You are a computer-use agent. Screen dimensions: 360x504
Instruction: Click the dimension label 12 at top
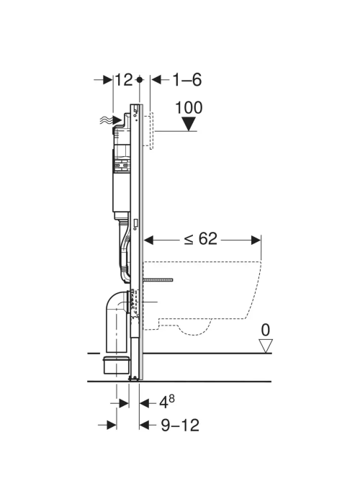click(x=124, y=80)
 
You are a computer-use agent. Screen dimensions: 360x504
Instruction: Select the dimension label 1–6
click(x=187, y=80)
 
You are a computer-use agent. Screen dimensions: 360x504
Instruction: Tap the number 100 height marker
click(x=189, y=108)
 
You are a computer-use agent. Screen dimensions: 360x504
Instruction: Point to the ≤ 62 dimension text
click(x=201, y=238)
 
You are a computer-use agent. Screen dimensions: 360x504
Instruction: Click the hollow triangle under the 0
click(x=266, y=346)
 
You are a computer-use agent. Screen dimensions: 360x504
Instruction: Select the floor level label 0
click(x=266, y=330)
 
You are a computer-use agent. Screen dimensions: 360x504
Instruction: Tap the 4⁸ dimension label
click(x=167, y=402)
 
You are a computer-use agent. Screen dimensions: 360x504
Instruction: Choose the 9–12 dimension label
click(x=180, y=426)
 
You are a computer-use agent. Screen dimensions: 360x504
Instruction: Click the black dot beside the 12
click(x=139, y=79)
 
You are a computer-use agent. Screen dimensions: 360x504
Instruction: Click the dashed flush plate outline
click(x=152, y=131)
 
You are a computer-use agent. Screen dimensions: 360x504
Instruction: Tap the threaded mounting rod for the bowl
click(x=159, y=279)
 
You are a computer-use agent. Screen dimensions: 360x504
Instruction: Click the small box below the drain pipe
click(x=117, y=365)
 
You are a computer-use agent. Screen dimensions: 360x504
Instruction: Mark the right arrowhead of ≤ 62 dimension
click(x=256, y=240)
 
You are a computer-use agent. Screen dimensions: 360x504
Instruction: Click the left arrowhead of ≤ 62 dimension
click(x=149, y=240)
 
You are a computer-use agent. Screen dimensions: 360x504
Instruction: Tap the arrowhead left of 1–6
click(x=156, y=80)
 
